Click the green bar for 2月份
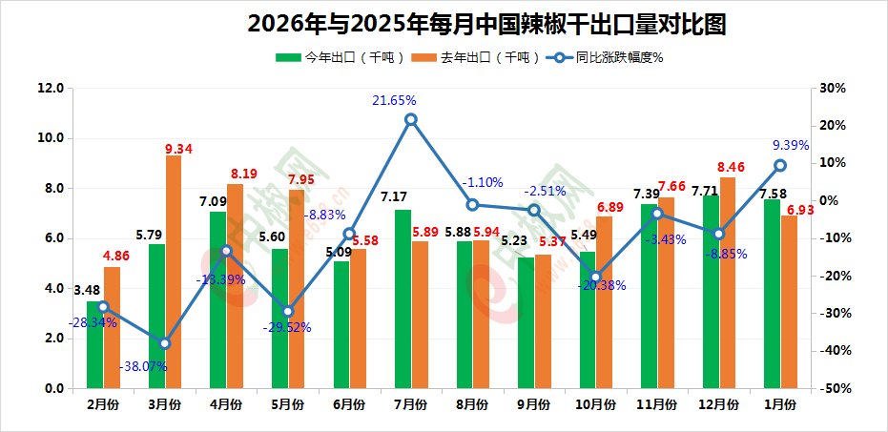(94, 345)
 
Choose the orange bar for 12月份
(728, 283)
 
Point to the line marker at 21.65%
(411, 119)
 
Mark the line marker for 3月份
(165, 343)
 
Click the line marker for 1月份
(780, 165)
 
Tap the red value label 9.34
(179, 149)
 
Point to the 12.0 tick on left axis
(50, 89)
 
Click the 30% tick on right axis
(834, 89)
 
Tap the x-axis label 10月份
(596, 404)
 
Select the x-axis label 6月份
(350, 404)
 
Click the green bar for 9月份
(526, 323)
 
